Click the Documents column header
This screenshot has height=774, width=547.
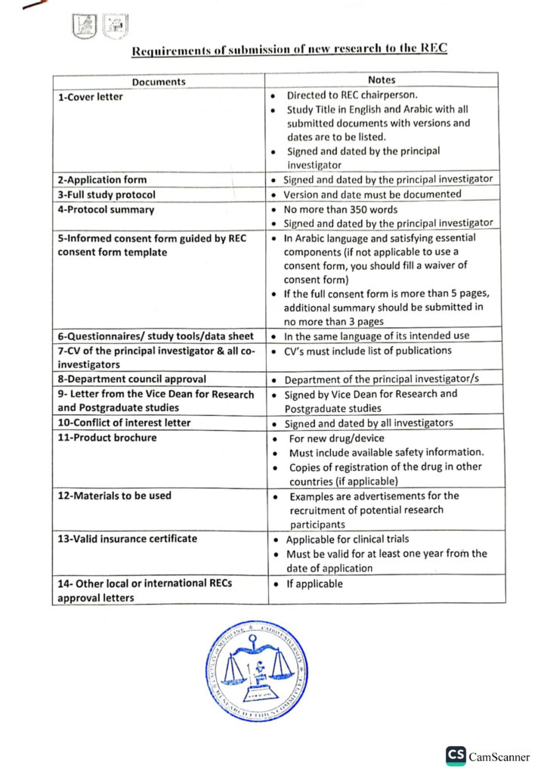(x=159, y=82)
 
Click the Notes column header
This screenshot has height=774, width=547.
(x=382, y=80)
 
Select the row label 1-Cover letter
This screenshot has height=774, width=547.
(x=91, y=97)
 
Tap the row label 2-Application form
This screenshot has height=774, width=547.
(x=103, y=180)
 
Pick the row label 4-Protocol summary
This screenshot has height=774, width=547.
(x=106, y=209)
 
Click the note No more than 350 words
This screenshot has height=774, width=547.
(x=340, y=209)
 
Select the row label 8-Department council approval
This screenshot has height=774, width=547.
(x=132, y=379)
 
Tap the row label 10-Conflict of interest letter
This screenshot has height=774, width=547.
(x=125, y=423)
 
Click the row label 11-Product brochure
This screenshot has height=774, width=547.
(x=107, y=438)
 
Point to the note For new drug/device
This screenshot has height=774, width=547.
(x=336, y=438)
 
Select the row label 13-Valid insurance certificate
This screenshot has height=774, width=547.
(x=128, y=539)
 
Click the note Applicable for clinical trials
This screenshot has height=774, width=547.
(x=347, y=540)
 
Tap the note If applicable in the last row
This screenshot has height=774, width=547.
(x=314, y=584)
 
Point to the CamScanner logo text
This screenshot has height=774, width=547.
(x=499, y=757)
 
